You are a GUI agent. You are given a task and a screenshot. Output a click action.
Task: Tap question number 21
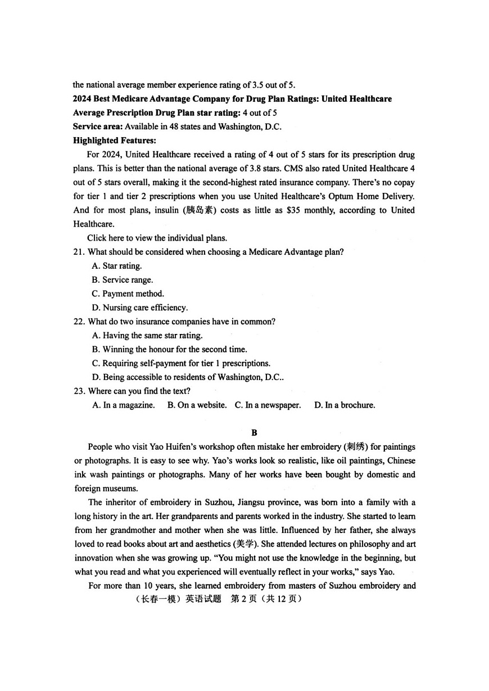(79, 252)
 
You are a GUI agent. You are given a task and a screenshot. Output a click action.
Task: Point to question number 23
(79, 391)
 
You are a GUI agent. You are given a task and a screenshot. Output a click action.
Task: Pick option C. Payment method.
(128, 293)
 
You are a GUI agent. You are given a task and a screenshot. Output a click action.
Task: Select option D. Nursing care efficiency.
(140, 308)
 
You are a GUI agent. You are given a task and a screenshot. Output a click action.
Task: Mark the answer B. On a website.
(197, 405)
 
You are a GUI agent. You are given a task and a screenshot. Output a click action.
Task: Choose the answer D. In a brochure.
(344, 405)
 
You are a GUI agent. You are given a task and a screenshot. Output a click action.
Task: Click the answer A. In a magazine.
(124, 405)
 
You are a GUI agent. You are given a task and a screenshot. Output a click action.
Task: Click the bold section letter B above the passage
(254, 432)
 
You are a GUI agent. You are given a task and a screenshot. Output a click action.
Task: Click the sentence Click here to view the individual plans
(157, 238)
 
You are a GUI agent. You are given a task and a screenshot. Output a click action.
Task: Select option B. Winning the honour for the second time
(169, 349)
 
